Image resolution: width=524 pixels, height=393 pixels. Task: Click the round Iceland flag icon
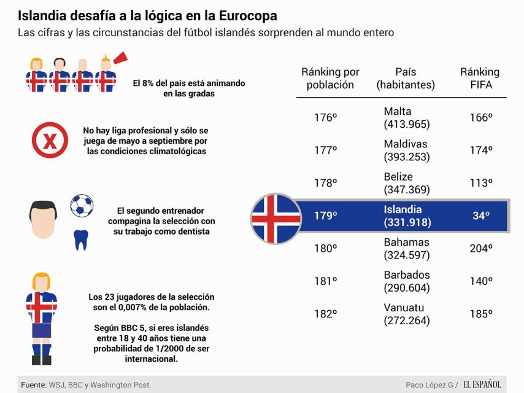point(276,218)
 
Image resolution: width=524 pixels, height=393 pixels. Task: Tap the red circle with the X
point(50,140)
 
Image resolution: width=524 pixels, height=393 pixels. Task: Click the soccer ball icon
point(82,206)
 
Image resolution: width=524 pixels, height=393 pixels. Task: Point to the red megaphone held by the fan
point(120,58)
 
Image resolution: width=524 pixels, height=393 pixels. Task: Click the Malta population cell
point(406,118)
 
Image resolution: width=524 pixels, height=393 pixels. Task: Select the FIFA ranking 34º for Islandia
point(481,216)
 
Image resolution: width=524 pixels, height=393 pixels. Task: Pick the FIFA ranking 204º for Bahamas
point(481,249)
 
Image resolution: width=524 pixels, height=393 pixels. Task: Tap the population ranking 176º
point(326,118)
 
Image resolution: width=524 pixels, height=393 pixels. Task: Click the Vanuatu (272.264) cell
point(406,314)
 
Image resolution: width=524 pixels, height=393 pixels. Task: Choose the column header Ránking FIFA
point(480,79)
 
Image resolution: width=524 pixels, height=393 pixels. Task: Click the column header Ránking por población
point(330,79)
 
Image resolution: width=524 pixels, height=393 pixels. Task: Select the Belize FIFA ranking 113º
point(481,183)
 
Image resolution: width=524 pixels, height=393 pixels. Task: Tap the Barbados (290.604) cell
point(406,281)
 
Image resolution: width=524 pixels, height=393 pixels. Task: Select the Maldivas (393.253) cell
point(406,150)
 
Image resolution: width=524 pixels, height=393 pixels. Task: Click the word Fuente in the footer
point(33,384)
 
